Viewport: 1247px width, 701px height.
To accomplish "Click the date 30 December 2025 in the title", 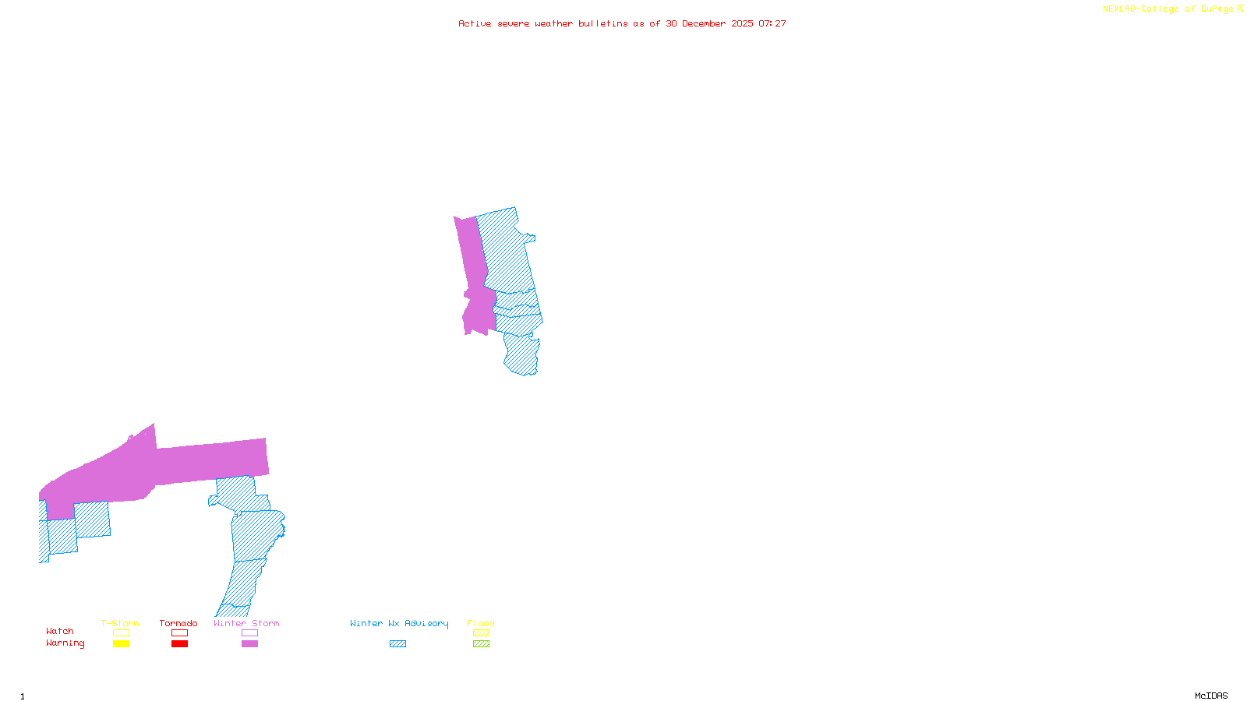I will point(709,23).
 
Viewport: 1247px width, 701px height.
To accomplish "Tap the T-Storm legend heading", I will point(120,623).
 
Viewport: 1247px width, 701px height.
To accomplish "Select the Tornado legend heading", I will point(178,623).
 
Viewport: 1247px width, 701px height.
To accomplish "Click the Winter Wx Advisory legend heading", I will point(399,623).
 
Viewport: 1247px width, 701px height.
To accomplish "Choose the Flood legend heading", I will point(481,623).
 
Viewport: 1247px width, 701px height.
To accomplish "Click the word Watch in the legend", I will point(60,632).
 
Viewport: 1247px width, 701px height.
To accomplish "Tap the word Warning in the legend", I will point(65,643).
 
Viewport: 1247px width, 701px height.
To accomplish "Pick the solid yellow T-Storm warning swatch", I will point(121,644).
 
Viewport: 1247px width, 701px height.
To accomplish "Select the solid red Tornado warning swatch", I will point(179,644).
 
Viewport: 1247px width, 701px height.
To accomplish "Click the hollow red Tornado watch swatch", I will point(179,633).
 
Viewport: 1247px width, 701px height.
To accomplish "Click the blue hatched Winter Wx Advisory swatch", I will point(397,644).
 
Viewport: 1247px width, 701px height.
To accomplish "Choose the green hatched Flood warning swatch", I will point(481,644).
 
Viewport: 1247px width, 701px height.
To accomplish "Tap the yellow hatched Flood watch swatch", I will point(481,633).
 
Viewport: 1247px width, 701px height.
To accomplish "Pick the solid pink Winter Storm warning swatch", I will point(249,644).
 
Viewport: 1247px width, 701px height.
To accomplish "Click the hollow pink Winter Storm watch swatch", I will point(249,633).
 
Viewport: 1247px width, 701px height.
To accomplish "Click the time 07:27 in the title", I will point(772,23).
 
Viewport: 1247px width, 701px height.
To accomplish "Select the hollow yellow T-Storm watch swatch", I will point(121,633).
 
